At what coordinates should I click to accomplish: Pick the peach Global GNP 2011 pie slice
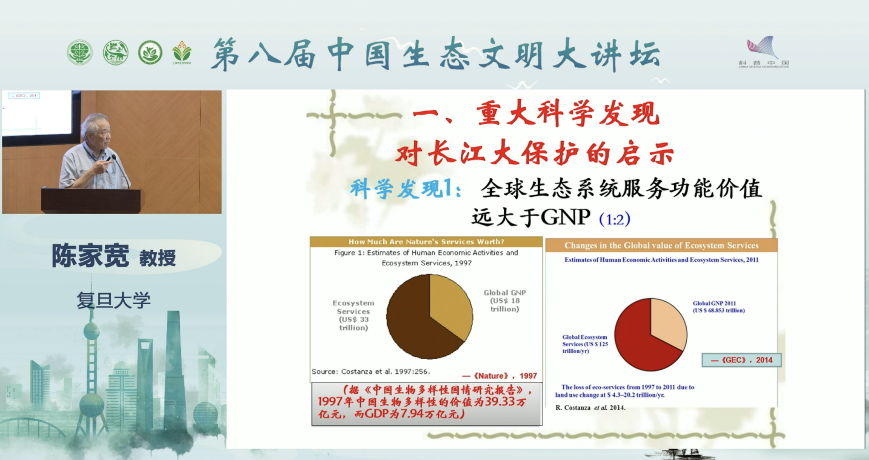point(667,320)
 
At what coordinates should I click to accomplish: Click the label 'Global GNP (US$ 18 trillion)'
point(504,301)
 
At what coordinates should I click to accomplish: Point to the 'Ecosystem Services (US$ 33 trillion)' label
point(353,315)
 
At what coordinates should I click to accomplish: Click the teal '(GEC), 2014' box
point(741,360)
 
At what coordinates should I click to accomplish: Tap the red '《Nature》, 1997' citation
point(499,376)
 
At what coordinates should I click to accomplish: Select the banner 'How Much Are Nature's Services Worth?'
point(426,242)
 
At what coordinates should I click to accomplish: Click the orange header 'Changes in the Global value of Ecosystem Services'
point(661,245)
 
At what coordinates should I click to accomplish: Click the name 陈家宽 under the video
point(90,256)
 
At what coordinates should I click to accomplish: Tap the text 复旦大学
point(113,300)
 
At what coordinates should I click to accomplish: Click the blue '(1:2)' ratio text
point(615,219)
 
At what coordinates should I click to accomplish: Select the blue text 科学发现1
point(405,189)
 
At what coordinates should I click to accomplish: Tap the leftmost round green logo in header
point(79,53)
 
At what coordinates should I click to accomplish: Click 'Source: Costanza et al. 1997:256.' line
point(371,372)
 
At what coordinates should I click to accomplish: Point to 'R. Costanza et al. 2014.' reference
point(590,408)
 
